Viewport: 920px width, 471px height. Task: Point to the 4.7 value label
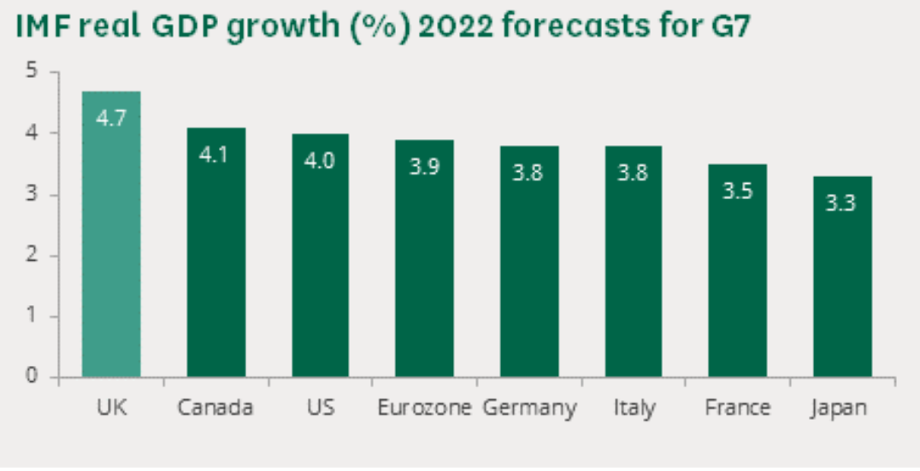pyautogui.click(x=111, y=118)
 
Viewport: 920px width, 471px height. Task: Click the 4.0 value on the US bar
pyautogui.click(x=320, y=160)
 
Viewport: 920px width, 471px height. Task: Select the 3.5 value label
pyautogui.click(x=738, y=191)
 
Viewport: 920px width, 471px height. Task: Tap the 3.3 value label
pyautogui.click(x=842, y=203)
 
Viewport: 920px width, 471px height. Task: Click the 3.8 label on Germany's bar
pyautogui.click(x=529, y=173)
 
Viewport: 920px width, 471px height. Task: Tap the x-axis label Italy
pyautogui.click(x=634, y=409)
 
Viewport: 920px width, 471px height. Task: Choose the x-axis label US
pyautogui.click(x=320, y=408)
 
